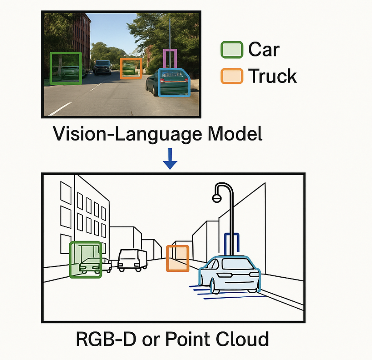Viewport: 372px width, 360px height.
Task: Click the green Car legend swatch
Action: tap(232, 50)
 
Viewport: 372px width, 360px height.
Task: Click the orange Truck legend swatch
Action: tap(232, 76)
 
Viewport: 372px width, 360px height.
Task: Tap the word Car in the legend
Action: tap(264, 50)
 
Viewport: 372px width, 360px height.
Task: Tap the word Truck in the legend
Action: tap(272, 76)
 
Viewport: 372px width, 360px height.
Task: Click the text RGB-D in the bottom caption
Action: tap(106, 339)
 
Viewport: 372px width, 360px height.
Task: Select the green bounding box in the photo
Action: tap(65, 68)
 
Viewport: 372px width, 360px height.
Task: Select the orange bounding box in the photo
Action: tap(131, 69)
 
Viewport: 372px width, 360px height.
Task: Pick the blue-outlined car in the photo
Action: tap(174, 83)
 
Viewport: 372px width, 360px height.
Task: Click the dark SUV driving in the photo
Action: tap(102, 67)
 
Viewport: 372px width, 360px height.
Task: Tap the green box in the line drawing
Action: tap(85, 259)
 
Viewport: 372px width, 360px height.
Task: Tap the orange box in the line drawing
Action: tap(177, 258)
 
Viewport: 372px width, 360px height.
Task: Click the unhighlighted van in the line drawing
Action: tap(132, 259)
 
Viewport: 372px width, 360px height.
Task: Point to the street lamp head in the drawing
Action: tap(216, 198)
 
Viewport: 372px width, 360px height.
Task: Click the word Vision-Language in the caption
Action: tap(128, 134)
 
